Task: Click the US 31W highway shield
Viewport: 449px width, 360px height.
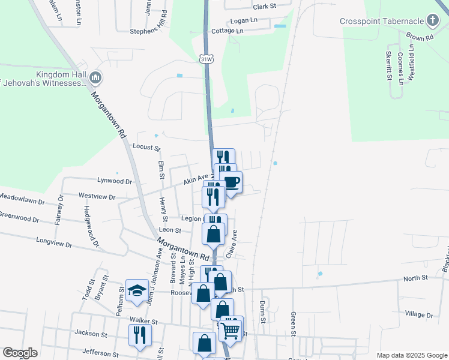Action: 206,59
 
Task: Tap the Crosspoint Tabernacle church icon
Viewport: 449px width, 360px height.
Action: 432,21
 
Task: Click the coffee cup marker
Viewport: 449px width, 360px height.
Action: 231,183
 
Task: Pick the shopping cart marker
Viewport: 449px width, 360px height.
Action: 231,329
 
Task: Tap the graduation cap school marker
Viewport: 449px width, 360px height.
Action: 137,290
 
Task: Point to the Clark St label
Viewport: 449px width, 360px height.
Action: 264,7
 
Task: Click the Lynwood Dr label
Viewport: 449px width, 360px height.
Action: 114,180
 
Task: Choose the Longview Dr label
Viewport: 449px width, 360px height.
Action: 54,245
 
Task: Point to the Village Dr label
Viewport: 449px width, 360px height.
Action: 418,314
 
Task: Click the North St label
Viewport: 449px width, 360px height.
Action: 415,278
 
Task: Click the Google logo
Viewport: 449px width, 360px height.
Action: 20,353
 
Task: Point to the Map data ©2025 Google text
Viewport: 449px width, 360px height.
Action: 411,355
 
